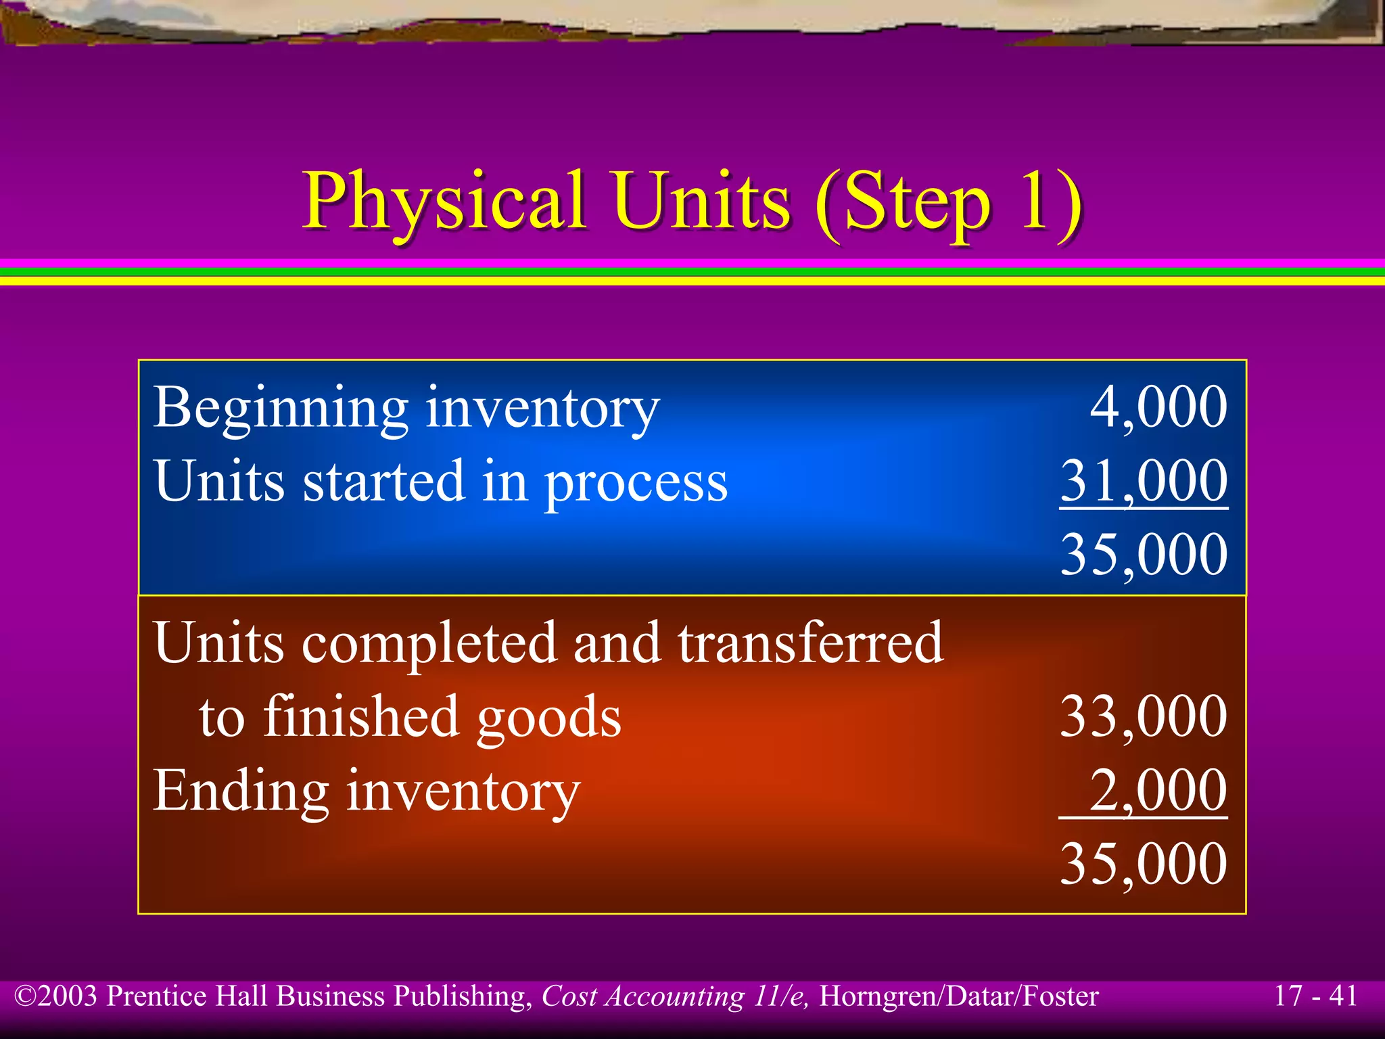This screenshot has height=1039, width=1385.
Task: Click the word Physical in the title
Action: click(x=444, y=202)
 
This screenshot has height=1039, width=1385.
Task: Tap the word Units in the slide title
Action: click(x=702, y=202)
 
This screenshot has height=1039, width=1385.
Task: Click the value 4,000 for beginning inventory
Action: click(x=1158, y=407)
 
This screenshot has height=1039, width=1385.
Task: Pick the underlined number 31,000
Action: click(x=1144, y=481)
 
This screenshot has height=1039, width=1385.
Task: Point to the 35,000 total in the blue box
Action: click(x=1144, y=555)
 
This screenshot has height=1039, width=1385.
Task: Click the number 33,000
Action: click(x=1144, y=716)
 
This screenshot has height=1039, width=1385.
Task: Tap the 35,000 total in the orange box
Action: click(x=1144, y=864)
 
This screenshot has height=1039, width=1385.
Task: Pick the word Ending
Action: click(x=241, y=791)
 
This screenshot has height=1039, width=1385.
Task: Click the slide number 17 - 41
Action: click(x=1315, y=996)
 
